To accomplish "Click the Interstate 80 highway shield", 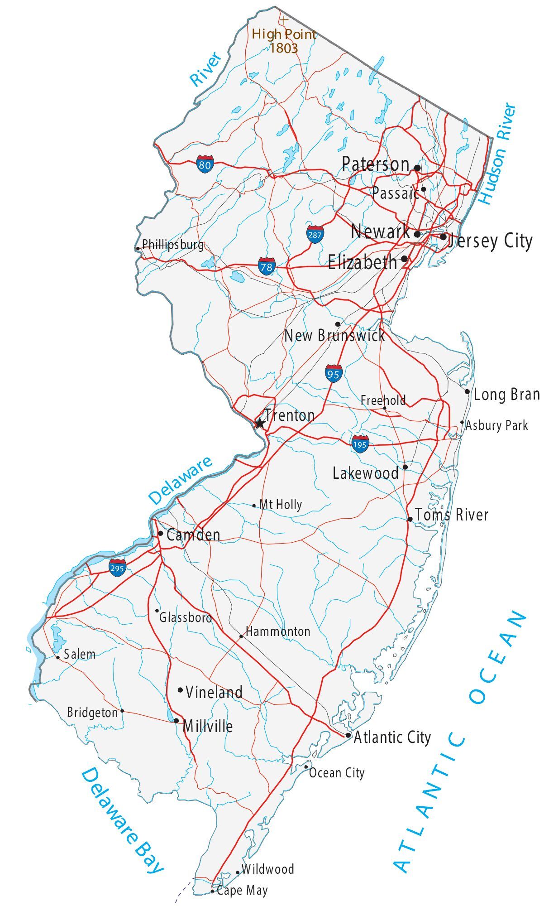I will point(205,164).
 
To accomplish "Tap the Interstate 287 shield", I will point(315,234).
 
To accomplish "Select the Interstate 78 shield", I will point(267,266).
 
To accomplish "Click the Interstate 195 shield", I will point(360,443).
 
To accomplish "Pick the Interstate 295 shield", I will point(117,568).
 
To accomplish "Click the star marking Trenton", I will point(259,424).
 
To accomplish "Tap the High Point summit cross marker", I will point(284,20).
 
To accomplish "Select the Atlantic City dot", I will point(348,735).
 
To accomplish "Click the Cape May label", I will point(242,891).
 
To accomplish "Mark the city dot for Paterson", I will point(417,168).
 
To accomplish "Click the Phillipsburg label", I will point(173,245).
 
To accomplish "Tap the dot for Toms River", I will point(410,519).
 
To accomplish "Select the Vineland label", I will point(214,692).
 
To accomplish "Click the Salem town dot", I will point(57,657).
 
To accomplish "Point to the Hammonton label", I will point(278,631).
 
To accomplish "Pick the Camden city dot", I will point(161,533).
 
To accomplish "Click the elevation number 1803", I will point(284,48).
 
